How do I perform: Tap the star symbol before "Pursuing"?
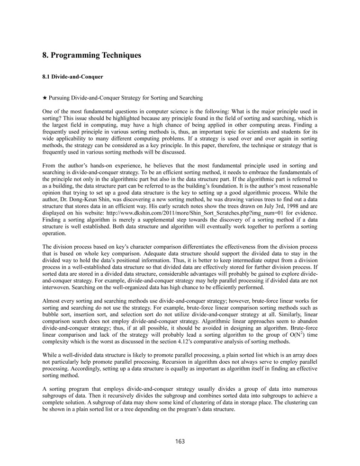point(45,98)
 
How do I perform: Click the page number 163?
point(180,441)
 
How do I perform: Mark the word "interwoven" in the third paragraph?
point(57,287)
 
